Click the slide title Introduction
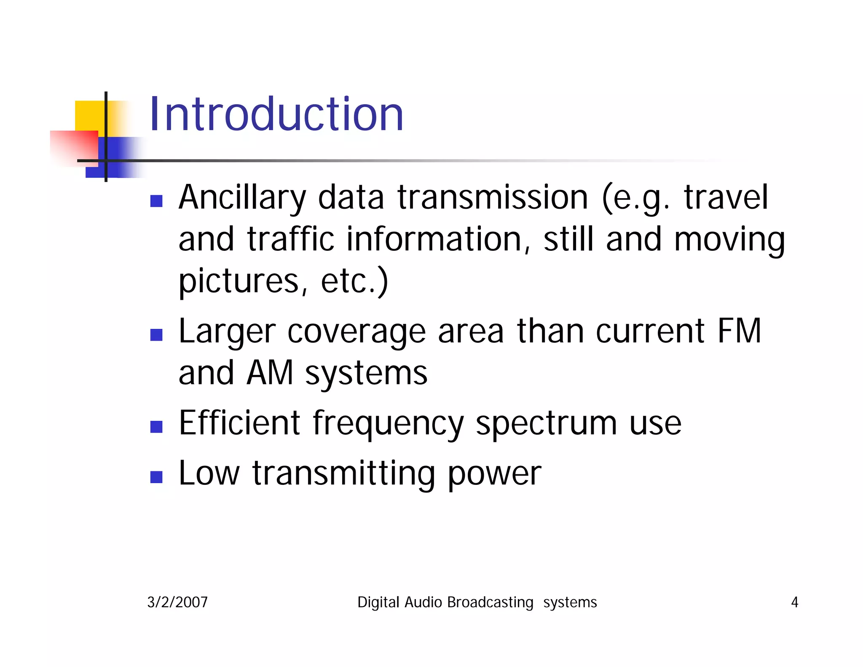tap(276, 114)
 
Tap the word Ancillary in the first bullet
tap(242, 197)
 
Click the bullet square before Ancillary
tap(156, 201)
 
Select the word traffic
tap(290, 239)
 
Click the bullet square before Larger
tap(156, 335)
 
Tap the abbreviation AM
tap(270, 373)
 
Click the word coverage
tap(356, 332)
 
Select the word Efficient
tap(239, 423)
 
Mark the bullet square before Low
tap(156, 477)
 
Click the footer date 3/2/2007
tap(177, 602)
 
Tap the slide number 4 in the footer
tap(794, 602)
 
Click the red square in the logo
tap(74, 148)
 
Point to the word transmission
tap(493, 197)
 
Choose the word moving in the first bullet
tap(729, 240)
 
